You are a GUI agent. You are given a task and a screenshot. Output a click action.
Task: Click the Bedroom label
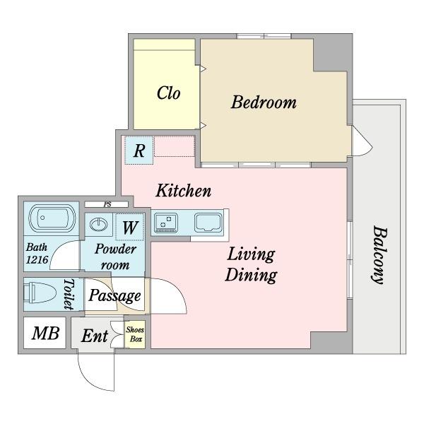(264, 102)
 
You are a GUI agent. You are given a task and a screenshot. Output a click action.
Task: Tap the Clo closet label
(168, 93)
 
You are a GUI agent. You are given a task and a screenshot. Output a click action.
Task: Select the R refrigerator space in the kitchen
(139, 151)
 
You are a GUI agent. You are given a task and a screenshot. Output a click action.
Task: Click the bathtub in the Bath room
(52, 218)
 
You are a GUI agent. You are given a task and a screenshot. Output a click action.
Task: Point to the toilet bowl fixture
(40, 293)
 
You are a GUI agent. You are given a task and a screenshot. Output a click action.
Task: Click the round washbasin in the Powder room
(98, 224)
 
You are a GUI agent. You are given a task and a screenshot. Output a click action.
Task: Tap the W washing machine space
(130, 227)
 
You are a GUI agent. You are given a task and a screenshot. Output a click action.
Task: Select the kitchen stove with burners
(166, 223)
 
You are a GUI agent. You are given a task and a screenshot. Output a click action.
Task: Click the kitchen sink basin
(208, 223)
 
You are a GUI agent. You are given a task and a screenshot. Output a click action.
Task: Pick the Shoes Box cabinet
(135, 334)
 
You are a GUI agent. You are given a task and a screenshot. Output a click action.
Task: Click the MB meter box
(45, 333)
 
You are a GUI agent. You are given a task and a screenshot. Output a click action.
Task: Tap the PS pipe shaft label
(107, 204)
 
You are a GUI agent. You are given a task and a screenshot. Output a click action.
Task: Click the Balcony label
(379, 255)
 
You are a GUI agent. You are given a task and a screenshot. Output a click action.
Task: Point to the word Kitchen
(183, 191)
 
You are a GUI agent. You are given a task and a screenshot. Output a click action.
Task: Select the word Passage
(114, 296)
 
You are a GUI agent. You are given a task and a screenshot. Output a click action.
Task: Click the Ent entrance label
(95, 336)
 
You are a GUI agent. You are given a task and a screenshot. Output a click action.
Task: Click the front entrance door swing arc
(89, 379)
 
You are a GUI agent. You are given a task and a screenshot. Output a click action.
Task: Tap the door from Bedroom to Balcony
(362, 141)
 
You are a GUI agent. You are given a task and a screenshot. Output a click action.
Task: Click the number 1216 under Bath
(37, 259)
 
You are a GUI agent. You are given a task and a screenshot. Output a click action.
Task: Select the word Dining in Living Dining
(251, 275)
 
